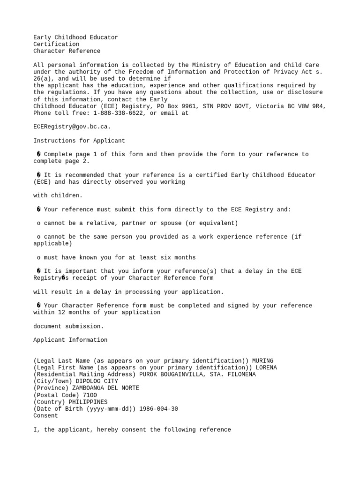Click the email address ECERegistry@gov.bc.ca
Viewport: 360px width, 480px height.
click(72, 127)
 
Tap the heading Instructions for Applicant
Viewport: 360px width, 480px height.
click(79, 141)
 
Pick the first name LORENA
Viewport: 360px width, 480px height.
click(266, 368)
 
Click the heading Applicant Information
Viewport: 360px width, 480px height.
click(70, 340)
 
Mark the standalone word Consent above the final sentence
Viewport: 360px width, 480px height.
click(46, 416)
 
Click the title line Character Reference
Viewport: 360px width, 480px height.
click(67, 51)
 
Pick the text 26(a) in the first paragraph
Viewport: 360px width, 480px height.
click(44, 79)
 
